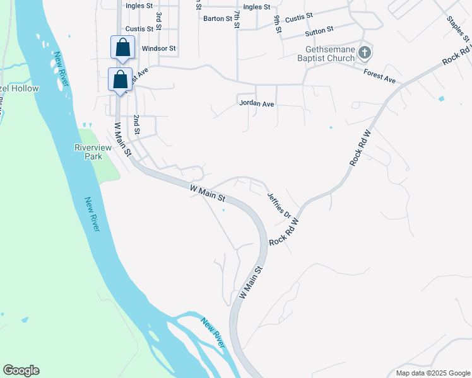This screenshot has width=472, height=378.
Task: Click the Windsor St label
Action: tap(158, 48)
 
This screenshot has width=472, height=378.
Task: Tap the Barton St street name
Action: tap(217, 19)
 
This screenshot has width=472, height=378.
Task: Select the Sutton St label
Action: tap(319, 31)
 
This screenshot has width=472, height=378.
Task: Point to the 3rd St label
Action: tap(159, 18)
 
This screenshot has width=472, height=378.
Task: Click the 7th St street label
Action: tap(237, 18)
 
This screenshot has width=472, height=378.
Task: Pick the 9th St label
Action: tap(277, 25)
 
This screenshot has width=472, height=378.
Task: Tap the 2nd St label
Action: tap(136, 125)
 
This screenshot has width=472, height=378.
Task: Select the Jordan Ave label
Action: tap(256, 103)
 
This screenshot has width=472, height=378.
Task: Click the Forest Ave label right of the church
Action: tap(379, 77)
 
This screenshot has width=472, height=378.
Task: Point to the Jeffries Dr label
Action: tap(278, 206)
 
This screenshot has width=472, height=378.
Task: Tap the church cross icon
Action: tap(365, 53)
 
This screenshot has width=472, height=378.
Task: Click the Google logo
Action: tap(21, 370)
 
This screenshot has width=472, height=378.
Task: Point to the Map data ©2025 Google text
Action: tap(432, 373)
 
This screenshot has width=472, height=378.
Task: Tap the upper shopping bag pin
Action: tap(122, 47)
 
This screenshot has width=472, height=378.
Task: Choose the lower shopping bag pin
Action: tap(120, 79)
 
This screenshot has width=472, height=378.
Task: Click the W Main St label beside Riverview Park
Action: tap(121, 139)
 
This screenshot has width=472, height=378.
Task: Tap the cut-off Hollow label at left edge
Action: tap(19, 89)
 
